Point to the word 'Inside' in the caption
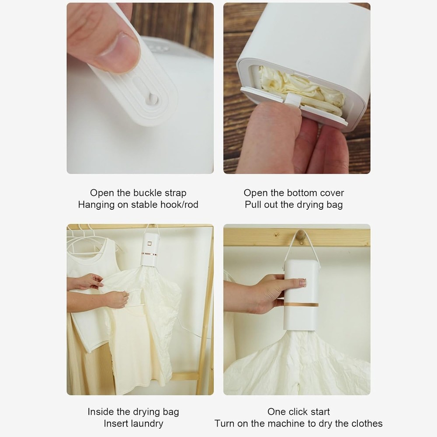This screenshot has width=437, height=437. [101, 411]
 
